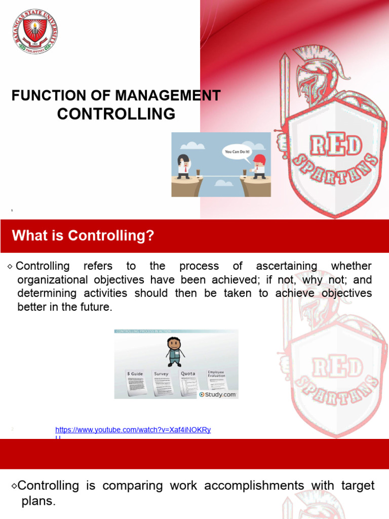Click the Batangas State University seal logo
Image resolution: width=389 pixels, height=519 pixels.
click(x=34, y=30)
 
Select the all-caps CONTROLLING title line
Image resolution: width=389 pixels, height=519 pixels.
click(x=116, y=114)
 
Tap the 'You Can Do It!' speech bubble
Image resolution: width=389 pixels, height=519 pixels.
click(x=237, y=152)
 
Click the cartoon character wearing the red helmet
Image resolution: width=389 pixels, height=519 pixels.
click(x=259, y=166)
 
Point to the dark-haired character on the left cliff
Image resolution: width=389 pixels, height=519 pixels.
click(x=183, y=166)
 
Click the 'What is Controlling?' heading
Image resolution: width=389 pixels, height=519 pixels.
click(x=83, y=236)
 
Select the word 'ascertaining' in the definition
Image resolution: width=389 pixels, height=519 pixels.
click(x=286, y=266)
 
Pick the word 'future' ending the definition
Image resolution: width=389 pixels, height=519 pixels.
click(x=94, y=307)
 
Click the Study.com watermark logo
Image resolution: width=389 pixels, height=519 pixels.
click(x=218, y=394)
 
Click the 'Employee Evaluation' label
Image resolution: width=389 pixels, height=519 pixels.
click(x=216, y=374)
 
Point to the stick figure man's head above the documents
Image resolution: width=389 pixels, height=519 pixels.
click(x=174, y=344)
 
